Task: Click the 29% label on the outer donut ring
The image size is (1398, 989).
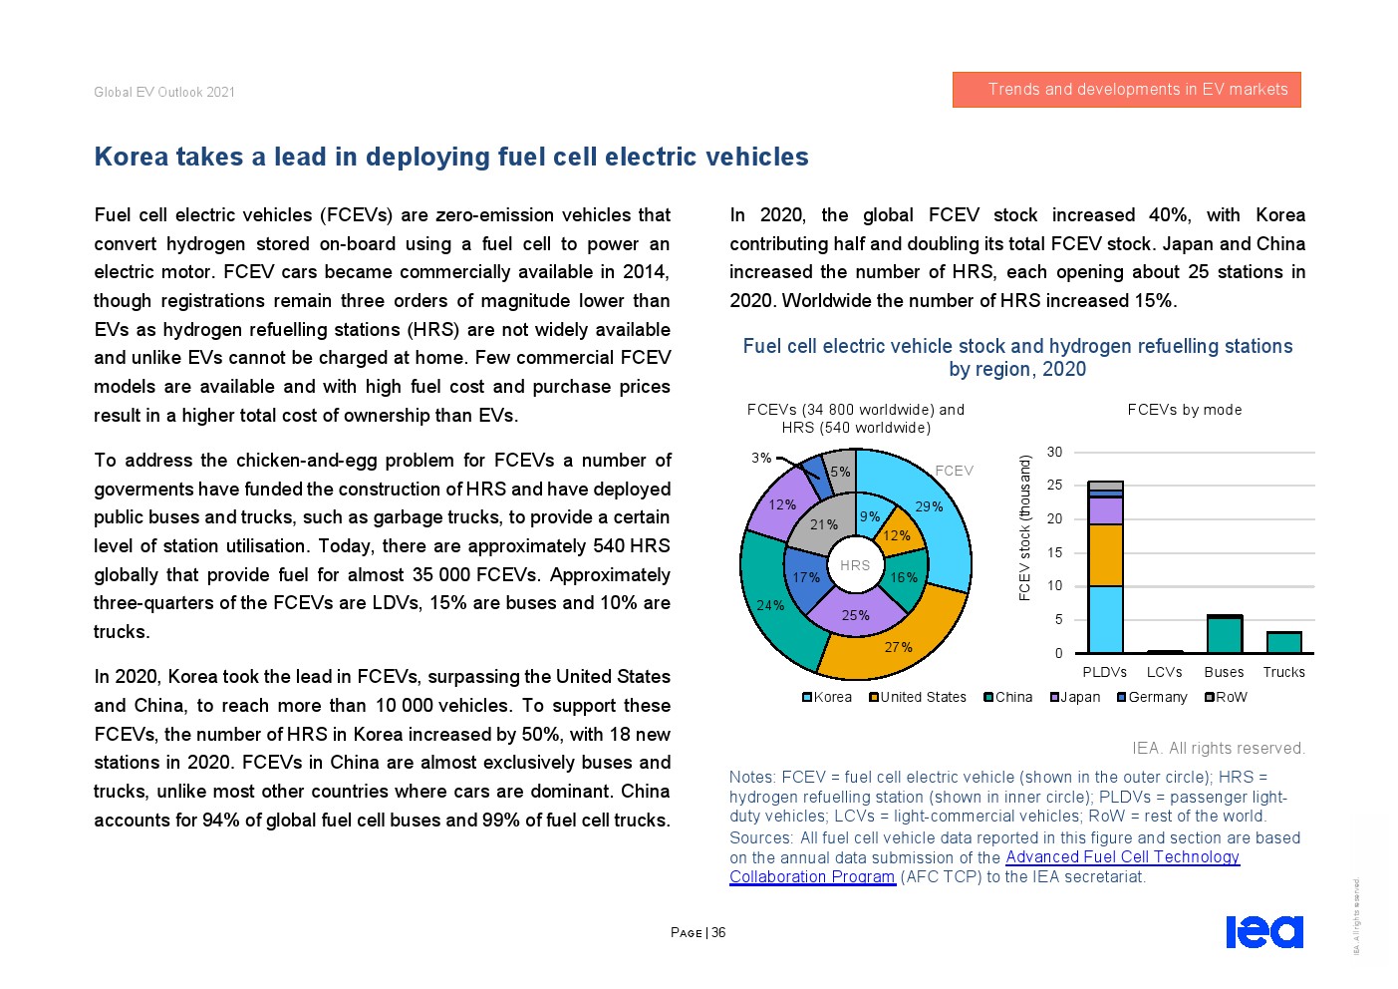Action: [x=929, y=506]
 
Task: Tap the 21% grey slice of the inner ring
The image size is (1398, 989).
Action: [x=824, y=524]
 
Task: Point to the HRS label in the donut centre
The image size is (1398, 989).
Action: [x=855, y=565]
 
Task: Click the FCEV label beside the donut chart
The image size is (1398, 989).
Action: [x=954, y=471]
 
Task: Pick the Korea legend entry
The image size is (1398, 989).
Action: [x=827, y=697]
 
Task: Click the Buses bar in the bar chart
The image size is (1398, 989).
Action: [x=1224, y=634]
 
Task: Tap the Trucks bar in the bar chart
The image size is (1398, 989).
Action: [x=1283, y=642]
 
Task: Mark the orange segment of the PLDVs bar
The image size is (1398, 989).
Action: [x=1105, y=554]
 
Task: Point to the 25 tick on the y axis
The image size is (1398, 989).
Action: [x=1054, y=486]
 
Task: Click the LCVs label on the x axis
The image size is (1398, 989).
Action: [x=1164, y=672]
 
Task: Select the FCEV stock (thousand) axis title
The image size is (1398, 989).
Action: [x=1024, y=527]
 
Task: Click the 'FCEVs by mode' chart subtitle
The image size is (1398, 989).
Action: [x=1184, y=410]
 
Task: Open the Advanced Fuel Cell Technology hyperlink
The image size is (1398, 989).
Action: [x=1122, y=857]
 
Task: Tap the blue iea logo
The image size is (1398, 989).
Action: [x=1263, y=931]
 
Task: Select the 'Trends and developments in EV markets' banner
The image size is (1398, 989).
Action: [x=1126, y=90]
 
